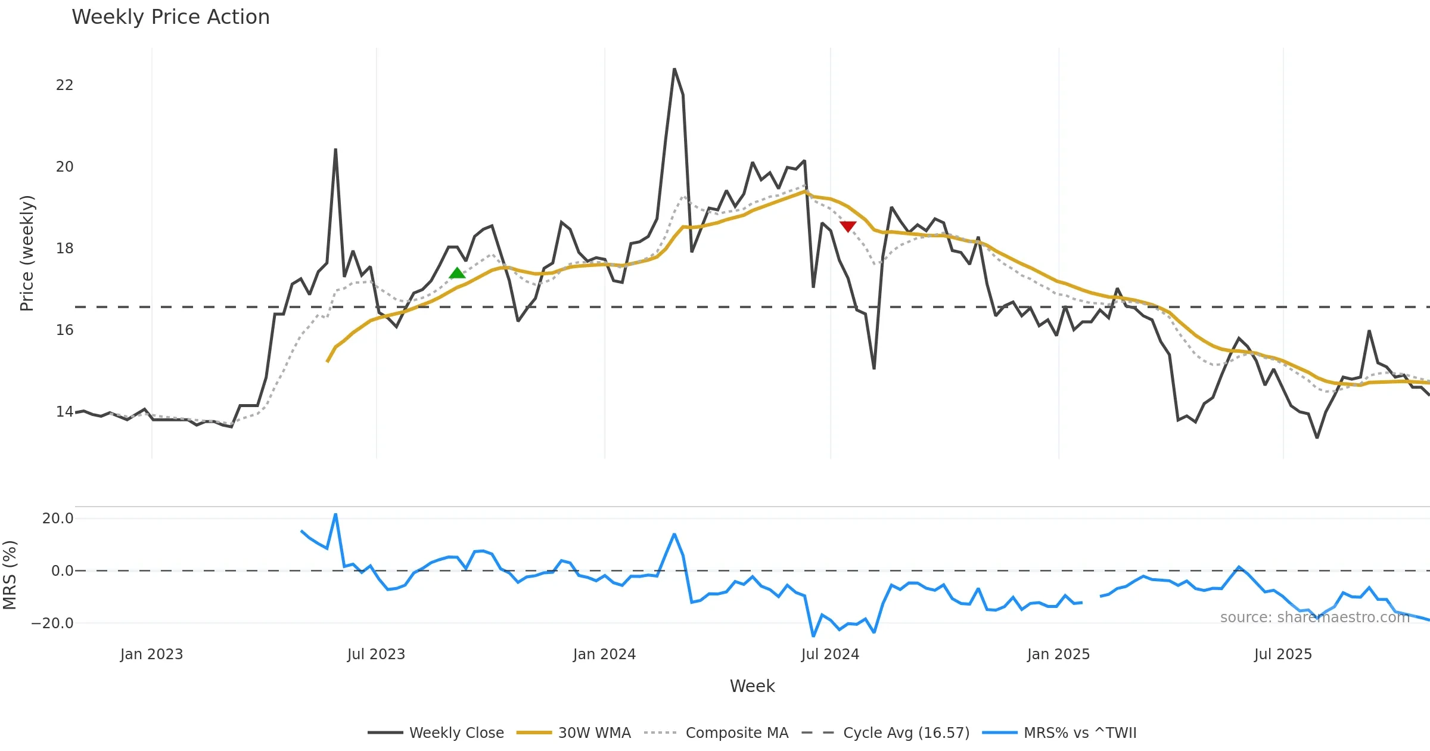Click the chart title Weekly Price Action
[x=170, y=17]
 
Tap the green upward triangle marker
[x=457, y=273]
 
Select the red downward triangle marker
[x=848, y=226]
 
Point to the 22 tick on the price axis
[x=64, y=85]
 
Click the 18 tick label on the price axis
[x=64, y=249]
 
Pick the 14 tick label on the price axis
[x=64, y=412]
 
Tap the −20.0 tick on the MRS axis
[x=52, y=623]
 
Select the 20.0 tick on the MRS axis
[x=57, y=519]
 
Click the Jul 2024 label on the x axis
[x=830, y=654]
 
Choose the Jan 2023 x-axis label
[x=151, y=654]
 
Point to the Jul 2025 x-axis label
[x=1283, y=654]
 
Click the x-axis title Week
[x=752, y=686]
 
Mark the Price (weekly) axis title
[x=27, y=253]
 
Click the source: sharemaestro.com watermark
[x=1314, y=617]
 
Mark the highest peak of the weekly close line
[x=674, y=69]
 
